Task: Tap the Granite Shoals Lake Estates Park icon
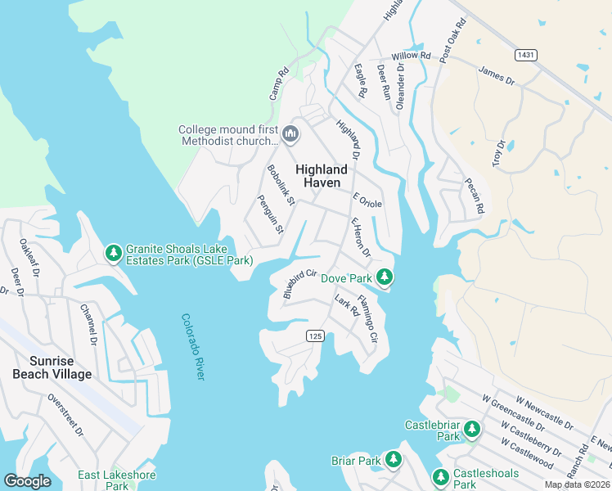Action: click(114, 255)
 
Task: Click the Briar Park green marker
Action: click(394, 460)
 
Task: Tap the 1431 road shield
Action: click(526, 54)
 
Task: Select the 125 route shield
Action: click(314, 336)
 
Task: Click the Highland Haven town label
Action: click(322, 176)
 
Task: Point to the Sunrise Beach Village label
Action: click(52, 367)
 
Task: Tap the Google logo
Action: click(28, 480)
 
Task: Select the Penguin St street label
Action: click(270, 214)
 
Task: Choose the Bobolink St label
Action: click(280, 185)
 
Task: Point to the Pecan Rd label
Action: click(475, 196)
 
